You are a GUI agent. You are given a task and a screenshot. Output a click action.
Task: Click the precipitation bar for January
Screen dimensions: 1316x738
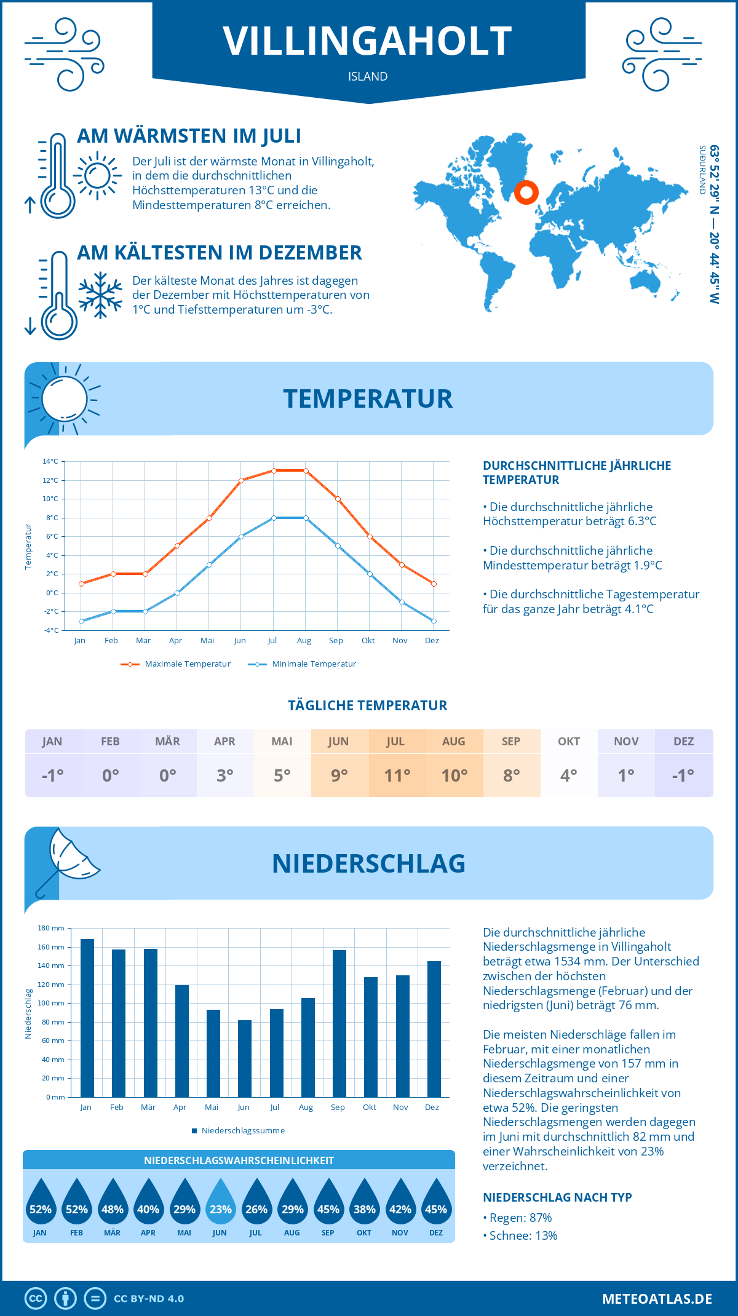87,1018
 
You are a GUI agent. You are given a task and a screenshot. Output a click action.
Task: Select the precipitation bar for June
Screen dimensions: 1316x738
245,1058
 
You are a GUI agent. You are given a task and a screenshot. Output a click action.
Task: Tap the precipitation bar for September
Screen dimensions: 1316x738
339,1023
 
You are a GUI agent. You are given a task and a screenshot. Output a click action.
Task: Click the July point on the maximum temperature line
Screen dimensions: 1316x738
274,470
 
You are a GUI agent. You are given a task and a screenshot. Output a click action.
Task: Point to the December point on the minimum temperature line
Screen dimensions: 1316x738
434,621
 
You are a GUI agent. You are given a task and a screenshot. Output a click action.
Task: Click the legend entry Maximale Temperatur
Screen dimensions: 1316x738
176,664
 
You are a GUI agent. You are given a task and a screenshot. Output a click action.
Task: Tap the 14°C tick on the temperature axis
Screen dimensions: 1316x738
50,461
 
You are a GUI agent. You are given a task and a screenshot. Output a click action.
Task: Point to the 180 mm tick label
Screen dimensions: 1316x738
51,928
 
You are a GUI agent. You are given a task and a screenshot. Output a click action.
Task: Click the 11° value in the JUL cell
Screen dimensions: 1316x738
397,775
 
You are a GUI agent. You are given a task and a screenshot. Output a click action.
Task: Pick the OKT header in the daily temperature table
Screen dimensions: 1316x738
569,742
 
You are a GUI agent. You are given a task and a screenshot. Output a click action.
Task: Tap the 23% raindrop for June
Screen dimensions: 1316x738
220,1203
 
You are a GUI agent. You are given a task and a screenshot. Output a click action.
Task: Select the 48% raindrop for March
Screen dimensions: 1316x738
113,1203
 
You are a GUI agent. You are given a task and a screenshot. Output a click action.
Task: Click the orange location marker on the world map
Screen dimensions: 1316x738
526,192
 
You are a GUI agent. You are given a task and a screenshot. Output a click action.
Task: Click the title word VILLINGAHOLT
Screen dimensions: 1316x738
368,41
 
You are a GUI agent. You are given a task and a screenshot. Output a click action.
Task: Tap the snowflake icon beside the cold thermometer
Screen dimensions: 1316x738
100,295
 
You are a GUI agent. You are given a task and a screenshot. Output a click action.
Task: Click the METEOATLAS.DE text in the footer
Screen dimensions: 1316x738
657,1299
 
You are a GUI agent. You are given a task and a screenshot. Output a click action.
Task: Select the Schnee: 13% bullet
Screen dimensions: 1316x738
523,1235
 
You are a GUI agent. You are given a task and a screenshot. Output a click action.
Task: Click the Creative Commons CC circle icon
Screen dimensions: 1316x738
36,1299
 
